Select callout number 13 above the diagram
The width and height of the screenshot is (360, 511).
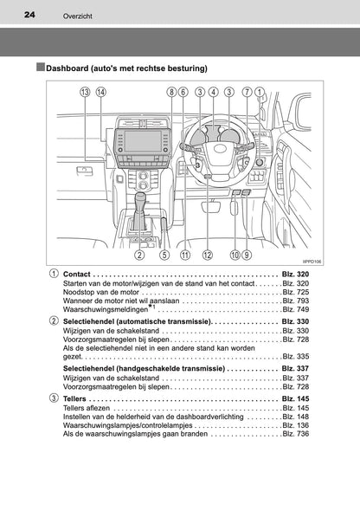[84, 92]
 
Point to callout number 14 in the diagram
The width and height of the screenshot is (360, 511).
[102, 92]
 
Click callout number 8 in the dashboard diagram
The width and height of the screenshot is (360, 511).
[172, 92]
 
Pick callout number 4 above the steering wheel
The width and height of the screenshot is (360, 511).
[214, 92]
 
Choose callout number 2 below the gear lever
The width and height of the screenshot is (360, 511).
[139, 231]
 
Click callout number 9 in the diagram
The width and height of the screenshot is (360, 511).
[247, 231]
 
